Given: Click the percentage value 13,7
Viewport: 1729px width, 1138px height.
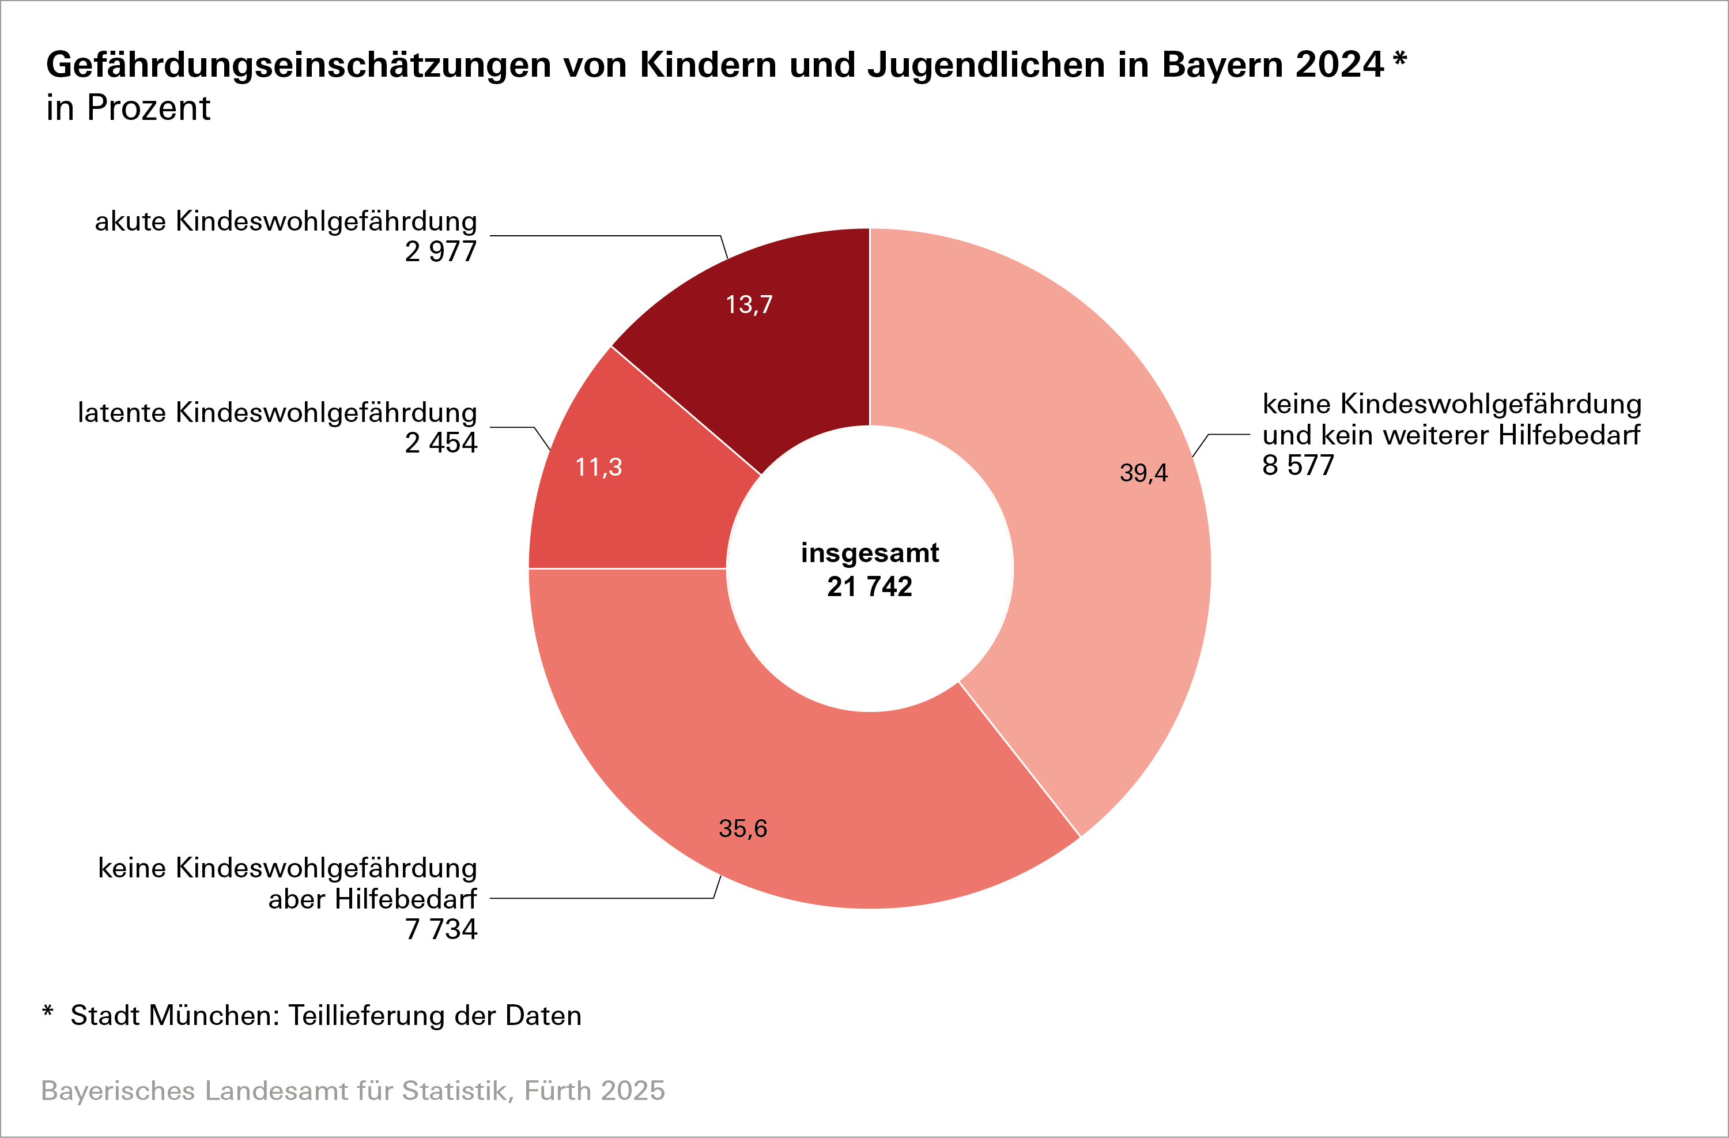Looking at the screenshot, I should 749,304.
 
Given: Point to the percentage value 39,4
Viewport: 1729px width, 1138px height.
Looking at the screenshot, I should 1143,473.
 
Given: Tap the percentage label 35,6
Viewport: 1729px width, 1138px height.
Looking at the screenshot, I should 742,828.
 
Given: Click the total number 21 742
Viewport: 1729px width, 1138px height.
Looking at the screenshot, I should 870,586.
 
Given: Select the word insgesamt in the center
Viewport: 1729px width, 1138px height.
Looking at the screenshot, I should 870,553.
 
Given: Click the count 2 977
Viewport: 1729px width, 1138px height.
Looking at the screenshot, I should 441,252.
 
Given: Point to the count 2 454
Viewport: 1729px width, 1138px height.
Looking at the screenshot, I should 441,443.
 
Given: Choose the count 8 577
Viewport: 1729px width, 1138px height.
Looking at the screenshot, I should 1298,466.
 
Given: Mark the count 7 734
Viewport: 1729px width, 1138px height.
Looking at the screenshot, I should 441,929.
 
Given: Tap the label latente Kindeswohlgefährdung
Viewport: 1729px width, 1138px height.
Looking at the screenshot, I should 278,413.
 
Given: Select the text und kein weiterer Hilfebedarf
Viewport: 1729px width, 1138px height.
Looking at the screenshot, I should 1451,435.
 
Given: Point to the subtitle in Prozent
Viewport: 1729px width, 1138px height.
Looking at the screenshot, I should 128,108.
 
